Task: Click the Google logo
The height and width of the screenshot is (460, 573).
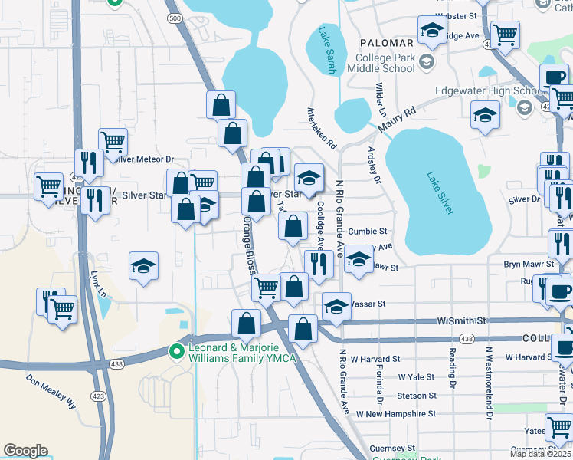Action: click(26, 451)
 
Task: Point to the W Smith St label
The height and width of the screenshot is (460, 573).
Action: click(462, 322)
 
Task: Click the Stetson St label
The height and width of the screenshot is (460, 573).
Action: click(417, 396)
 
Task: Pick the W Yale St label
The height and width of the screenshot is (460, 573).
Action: click(416, 377)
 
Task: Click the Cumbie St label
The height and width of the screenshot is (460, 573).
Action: click(368, 231)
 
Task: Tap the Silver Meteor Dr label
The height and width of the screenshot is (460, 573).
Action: click(145, 159)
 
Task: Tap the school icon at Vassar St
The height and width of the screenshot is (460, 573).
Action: click(336, 307)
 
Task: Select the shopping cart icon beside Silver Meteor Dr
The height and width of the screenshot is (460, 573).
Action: click(113, 142)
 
